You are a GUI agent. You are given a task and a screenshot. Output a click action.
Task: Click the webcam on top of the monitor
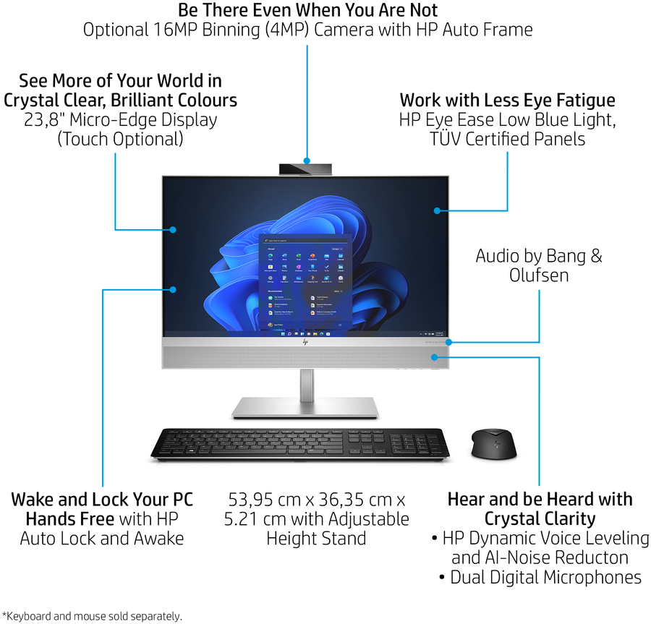(x=306, y=169)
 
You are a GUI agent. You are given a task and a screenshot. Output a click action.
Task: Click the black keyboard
(x=299, y=443)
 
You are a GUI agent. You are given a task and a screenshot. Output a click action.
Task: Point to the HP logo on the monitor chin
(x=306, y=343)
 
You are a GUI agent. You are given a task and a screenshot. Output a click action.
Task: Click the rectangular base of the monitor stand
(x=305, y=407)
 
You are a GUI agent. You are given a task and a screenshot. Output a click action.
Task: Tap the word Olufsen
(x=538, y=275)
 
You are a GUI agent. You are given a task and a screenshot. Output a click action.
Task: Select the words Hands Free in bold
(x=70, y=518)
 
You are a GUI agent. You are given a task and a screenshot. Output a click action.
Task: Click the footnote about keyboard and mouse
(x=92, y=616)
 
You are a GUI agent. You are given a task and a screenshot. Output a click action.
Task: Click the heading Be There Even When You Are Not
(x=307, y=10)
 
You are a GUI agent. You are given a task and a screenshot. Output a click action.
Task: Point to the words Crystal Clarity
(x=540, y=518)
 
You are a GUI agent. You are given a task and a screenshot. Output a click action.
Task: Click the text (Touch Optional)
(x=120, y=139)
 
